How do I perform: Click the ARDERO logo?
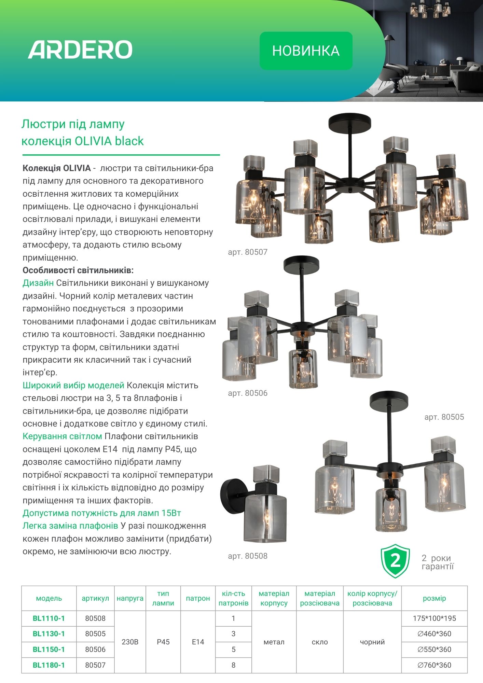[80, 50]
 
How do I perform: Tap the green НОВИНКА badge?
[306, 51]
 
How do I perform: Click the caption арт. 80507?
[248, 252]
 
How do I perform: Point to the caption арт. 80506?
[248, 393]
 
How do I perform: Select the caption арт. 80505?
[444, 417]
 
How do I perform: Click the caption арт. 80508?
[248, 556]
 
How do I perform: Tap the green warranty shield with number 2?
[395, 561]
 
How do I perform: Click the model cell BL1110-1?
[49, 618]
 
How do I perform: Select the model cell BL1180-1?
[49, 665]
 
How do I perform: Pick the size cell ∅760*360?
[434, 665]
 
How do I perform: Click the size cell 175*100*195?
[434, 618]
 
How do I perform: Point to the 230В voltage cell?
[130, 642]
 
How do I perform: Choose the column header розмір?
[434, 598]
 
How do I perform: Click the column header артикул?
[95, 598]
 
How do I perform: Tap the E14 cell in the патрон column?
[198, 642]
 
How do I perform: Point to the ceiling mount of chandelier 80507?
[349, 122]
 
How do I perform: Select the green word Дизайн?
[38, 283]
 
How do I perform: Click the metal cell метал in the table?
[274, 642]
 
